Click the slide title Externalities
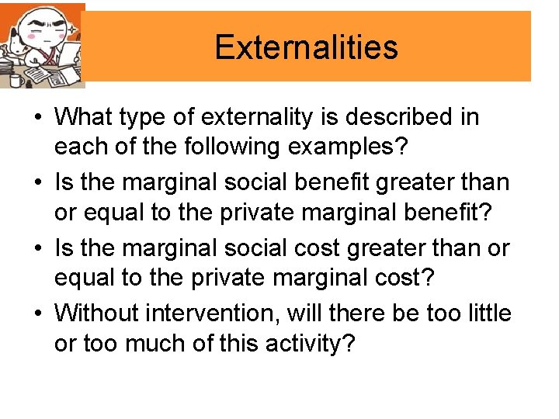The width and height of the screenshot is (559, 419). pos(306,47)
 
